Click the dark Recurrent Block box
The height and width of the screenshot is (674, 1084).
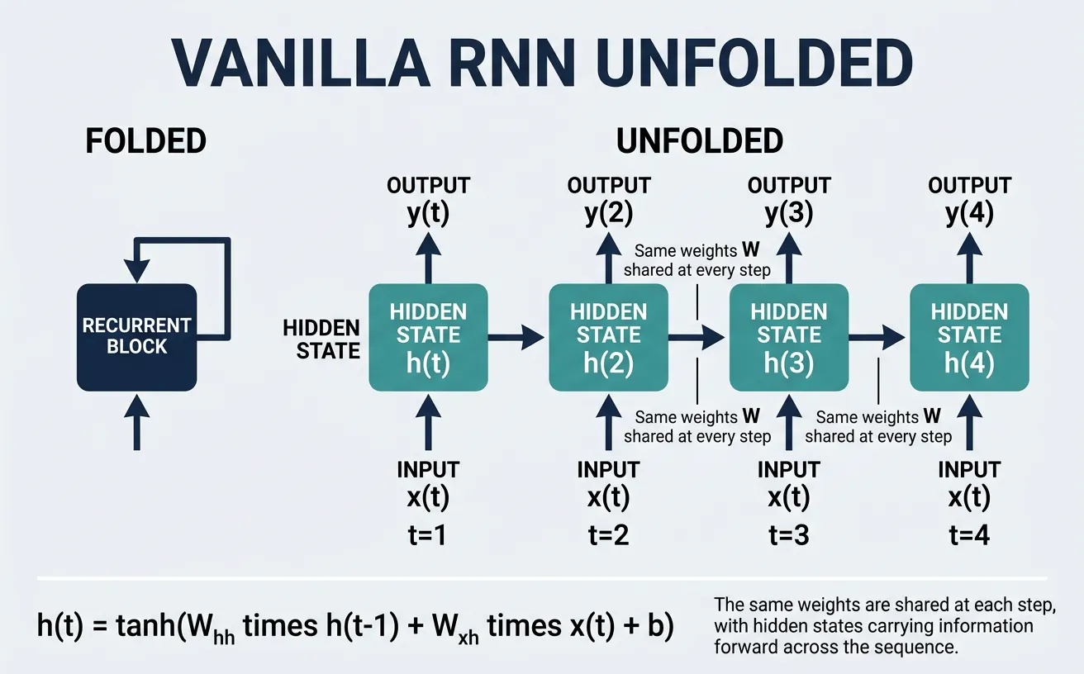(136, 337)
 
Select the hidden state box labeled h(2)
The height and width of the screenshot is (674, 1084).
(609, 337)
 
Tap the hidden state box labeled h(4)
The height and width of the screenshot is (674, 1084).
(969, 337)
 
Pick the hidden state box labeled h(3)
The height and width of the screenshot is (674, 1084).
(789, 337)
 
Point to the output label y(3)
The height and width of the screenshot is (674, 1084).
(789, 214)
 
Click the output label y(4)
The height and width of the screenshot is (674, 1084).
(969, 214)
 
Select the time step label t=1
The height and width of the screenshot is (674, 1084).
(428, 534)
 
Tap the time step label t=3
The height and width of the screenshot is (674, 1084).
(789, 534)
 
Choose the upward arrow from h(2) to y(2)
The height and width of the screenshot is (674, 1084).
(609, 256)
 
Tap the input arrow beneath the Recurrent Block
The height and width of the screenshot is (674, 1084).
(136, 421)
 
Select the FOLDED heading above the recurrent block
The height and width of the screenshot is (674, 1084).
(145, 141)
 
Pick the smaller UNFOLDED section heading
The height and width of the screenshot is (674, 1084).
(699, 141)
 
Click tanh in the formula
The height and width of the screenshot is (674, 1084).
(146, 626)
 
